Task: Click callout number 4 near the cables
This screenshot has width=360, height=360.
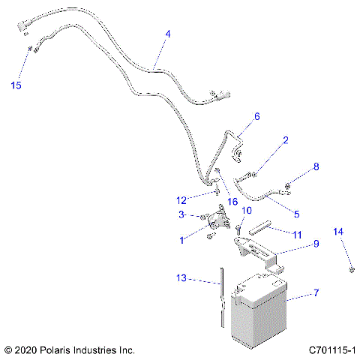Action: pyautogui.click(x=167, y=34)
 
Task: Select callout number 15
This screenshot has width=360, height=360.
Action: pyautogui.click(x=16, y=85)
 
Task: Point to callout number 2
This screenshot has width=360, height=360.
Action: pyautogui.click(x=286, y=140)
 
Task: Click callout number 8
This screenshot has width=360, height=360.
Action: pyautogui.click(x=316, y=166)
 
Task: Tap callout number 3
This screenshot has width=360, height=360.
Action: pyautogui.click(x=181, y=215)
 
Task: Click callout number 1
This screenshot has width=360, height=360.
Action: pyautogui.click(x=181, y=240)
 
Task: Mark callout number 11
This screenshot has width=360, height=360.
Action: pyautogui.click(x=297, y=235)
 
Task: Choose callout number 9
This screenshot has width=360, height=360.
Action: pyautogui.click(x=316, y=244)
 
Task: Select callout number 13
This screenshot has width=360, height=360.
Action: pyautogui.click(x=182, y=278)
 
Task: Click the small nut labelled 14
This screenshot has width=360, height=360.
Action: pyautogui.click(x=350, y=268)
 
